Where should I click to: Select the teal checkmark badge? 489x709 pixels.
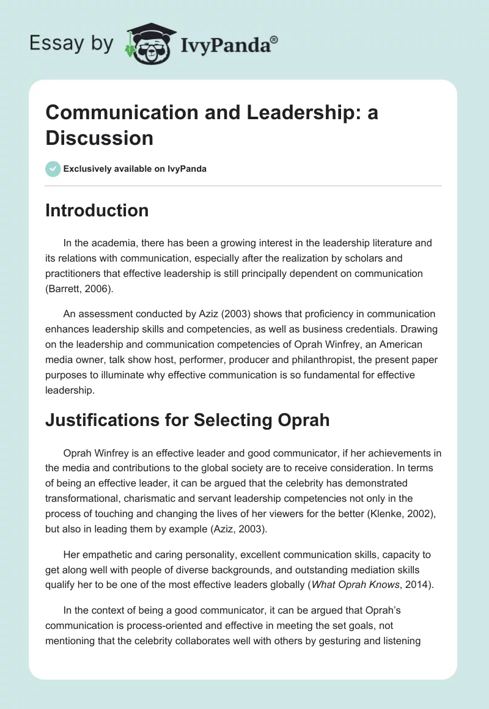pyautogui.click(x=53, y=169)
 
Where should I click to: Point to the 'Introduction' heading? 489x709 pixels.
pyautogui.click(x=97, y=210)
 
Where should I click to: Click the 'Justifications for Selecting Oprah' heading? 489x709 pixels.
pyautogui.click(x=187, y=420)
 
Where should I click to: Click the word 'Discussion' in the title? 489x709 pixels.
pyautogui.click(x=100, y=138)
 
